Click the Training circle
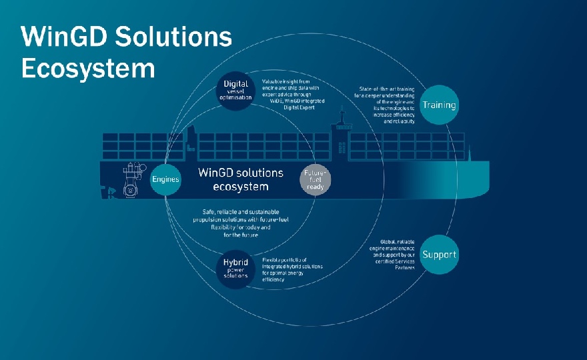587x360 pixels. (439, 105)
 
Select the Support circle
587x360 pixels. (439, 255)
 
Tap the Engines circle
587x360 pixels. (165, 179)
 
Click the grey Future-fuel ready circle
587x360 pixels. (314, 179)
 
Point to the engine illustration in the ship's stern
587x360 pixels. (132, 181)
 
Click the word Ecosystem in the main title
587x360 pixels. (87, 69)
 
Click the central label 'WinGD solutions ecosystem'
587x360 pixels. (241, 179)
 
